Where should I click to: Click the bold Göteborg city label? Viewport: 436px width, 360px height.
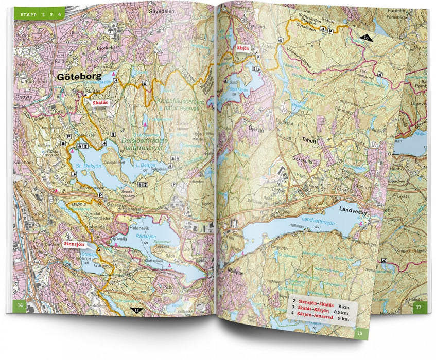pos(75,77)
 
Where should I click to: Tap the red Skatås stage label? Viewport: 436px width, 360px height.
pos(100,103)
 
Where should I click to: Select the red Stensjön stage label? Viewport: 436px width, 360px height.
pos(74,244)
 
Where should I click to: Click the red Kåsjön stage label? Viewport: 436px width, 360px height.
pos(242,48)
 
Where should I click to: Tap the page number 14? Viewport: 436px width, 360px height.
pos(20,307)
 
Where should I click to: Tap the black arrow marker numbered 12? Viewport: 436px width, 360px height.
pos(136,310)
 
